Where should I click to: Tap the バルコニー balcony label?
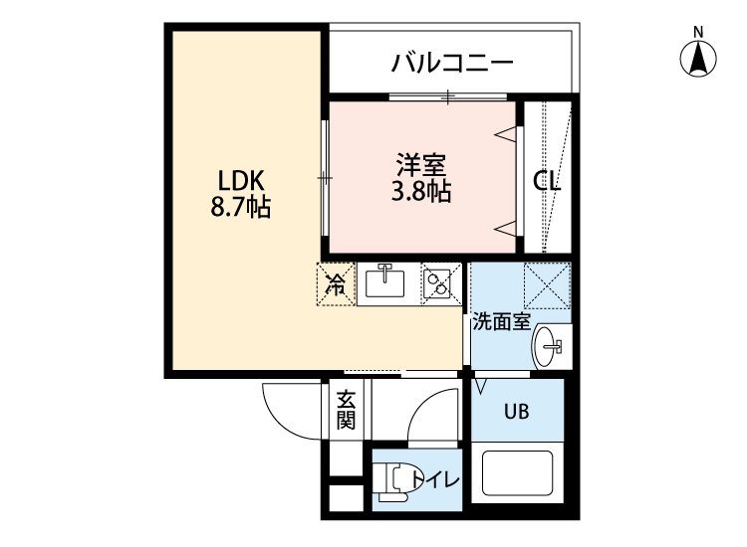pos(452,63)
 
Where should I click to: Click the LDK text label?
pos(241,181)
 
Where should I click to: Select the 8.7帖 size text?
pos(241,207)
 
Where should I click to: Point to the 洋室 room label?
pos(421,164)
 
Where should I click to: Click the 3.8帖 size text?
pos(421,191)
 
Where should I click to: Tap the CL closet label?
pos(547,181)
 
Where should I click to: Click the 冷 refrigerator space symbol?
pos(337,284)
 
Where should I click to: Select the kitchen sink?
pos(384,283)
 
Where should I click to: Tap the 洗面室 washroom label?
pos(501,322)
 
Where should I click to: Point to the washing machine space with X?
pos(547,284)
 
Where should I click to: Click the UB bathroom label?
pos(516,411)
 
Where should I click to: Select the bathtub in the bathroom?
pos(517,472)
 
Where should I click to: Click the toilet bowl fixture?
pos(393,481)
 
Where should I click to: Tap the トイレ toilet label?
pos(435,480)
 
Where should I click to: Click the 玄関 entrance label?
pos(347,411)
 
